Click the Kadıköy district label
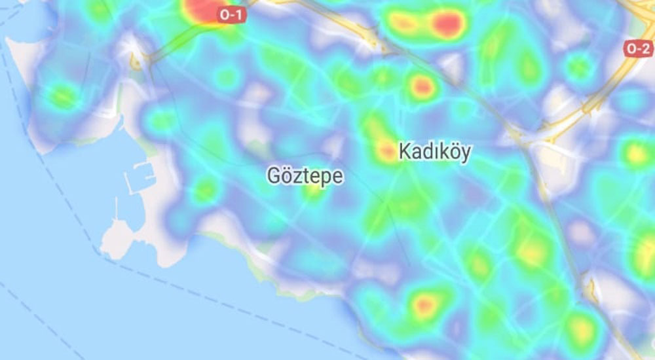pyautogui.click(x=434, y=152)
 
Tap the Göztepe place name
pyautogui.click(x=305, y=175)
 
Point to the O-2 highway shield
pyautogui.click(x=638, y=48)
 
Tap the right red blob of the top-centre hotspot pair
pyautogui.click(x=448, y=24)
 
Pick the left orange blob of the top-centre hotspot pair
pyautogui.click(x=403, y=23)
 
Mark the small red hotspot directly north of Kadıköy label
pyautogui.click(x=422, y=86)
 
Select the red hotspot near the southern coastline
pyautogui.click(x=424, y=304)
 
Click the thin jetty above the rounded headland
pyautogui.click(x=117, y=208)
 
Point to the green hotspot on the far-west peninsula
pyautogui.click(x=63, y=97)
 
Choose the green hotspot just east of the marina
pyautogui.click(x=205, y=190)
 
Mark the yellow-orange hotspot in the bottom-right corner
pyautogui.click(x=580, y=327)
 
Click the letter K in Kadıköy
pyautogui.click(x=404, y=152)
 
